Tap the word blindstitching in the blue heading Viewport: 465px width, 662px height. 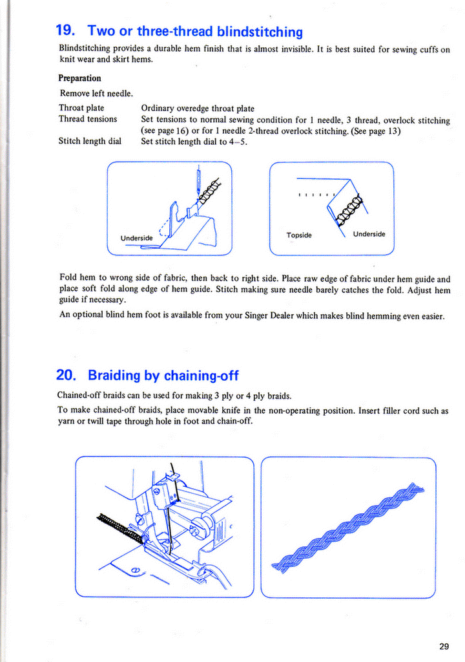260,31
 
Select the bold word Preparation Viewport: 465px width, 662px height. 79,78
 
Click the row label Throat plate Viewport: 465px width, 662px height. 81,108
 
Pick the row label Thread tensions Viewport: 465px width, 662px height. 88,119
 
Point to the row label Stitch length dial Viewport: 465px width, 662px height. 90,141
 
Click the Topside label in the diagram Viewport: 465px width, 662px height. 298,235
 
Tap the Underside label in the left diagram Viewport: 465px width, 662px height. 136,238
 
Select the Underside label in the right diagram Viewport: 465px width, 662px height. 369,234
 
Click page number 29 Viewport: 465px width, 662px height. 443,646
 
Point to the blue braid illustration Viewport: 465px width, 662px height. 349,527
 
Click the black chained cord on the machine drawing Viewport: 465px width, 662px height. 119,525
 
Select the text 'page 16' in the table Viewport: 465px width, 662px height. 169,131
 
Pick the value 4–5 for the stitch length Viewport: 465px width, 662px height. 236,142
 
